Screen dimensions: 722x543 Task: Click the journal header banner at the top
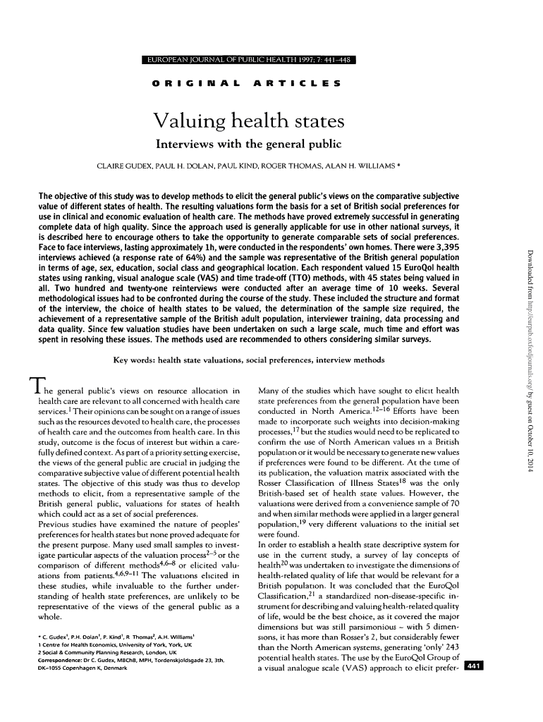tap(248, 59)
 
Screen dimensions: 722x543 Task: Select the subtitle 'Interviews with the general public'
tap(248, 145)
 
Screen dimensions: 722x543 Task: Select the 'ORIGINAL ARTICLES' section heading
tap(248, 82)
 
